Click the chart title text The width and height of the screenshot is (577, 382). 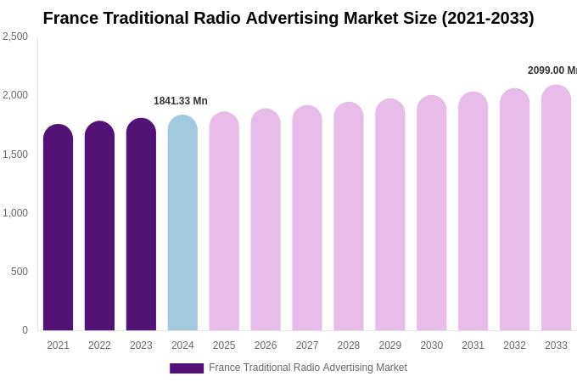point(288,18)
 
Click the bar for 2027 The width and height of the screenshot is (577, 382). point(307,218)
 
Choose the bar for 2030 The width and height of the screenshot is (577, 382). point(431,213)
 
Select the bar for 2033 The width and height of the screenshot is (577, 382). point(556,208)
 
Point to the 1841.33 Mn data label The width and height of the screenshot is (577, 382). point(181,101)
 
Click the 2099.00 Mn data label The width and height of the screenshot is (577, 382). point(552,70)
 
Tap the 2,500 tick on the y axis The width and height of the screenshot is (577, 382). point(15,37)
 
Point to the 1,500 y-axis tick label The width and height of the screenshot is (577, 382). point(15,154)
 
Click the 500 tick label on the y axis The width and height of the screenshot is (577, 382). point(19,272)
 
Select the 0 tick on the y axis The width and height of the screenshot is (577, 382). point(25,330)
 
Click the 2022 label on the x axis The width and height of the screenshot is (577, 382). point(99,345)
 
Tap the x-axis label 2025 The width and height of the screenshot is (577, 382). point(224,345)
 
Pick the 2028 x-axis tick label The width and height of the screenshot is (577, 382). point(349,345)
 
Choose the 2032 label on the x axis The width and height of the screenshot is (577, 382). point(514,345)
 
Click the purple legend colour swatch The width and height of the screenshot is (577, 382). point(187,368)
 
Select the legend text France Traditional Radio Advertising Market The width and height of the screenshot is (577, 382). point(308,368)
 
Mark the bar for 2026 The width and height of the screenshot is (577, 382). point(266,220)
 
